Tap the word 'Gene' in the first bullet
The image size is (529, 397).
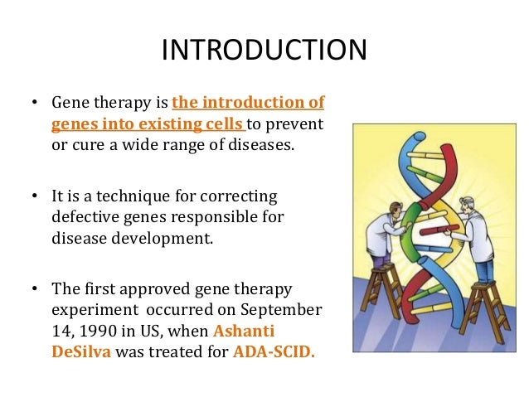pyautogui.click(x=70, y=104)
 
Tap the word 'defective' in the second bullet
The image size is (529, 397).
pyautogui.click(x=82, y=218)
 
